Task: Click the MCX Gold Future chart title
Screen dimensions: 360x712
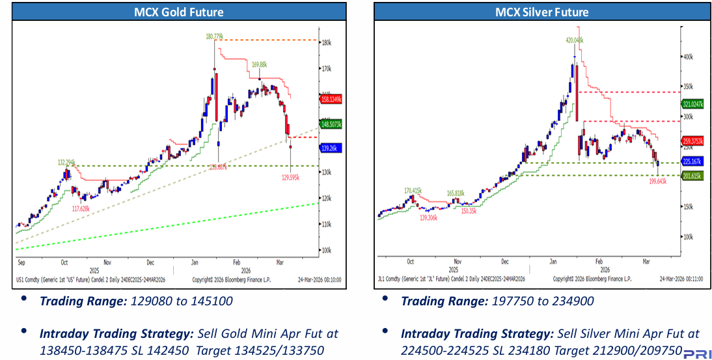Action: (178, 12)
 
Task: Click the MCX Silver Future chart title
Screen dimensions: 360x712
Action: (541, 12)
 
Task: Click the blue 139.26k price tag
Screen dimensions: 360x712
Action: (331, 148)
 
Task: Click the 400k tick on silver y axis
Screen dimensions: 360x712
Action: (687, 57)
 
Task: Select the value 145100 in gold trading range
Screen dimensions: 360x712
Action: (213, 301)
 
